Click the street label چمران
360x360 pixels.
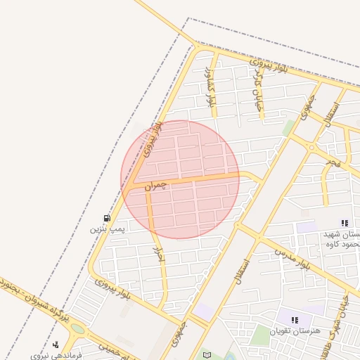pyautogui.click(x=157, y=186)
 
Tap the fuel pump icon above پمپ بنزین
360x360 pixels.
pyautogui.click(x=107, y=218)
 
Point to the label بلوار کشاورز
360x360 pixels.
pyautogui.click(x=208, y=87)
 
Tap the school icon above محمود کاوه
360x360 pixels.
pyautogui.click(x=344, y=223)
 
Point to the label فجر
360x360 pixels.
pyautogui.click(x=333, y=162)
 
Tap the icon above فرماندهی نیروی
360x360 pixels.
pyautogui.click(x=56, y=345)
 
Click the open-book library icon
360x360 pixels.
pyautogui.click(x=206, y=354)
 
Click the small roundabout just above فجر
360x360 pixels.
pyautogui.click(x=311, y=148)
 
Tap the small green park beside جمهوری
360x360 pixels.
pyautogui.click(x=289, y=127)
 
